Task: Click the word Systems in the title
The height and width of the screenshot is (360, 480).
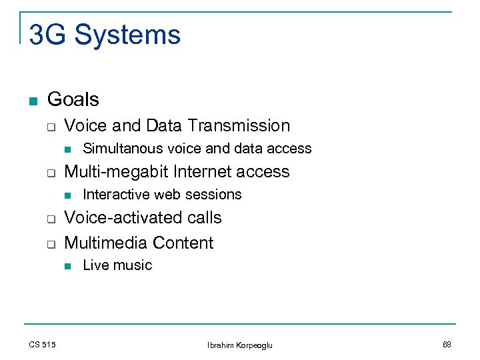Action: (x=127, y=35)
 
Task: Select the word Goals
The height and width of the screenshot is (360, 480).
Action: (x=73, y=99)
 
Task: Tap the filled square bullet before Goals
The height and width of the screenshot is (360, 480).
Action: (x=32, y=101)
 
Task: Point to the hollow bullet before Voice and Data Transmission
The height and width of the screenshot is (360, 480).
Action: (x=49, y=127)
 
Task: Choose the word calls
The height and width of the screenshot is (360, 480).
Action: (x=204, y=218)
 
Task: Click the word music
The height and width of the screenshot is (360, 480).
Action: (x=132, y=265)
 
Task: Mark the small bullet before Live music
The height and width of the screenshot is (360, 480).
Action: (x=67, y=266)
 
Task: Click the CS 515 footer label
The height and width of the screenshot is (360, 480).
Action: (x=42, y=344)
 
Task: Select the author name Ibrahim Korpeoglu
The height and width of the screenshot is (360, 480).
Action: (x=239, y=345)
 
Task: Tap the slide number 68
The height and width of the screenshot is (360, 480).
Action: (x=446, y=344)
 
